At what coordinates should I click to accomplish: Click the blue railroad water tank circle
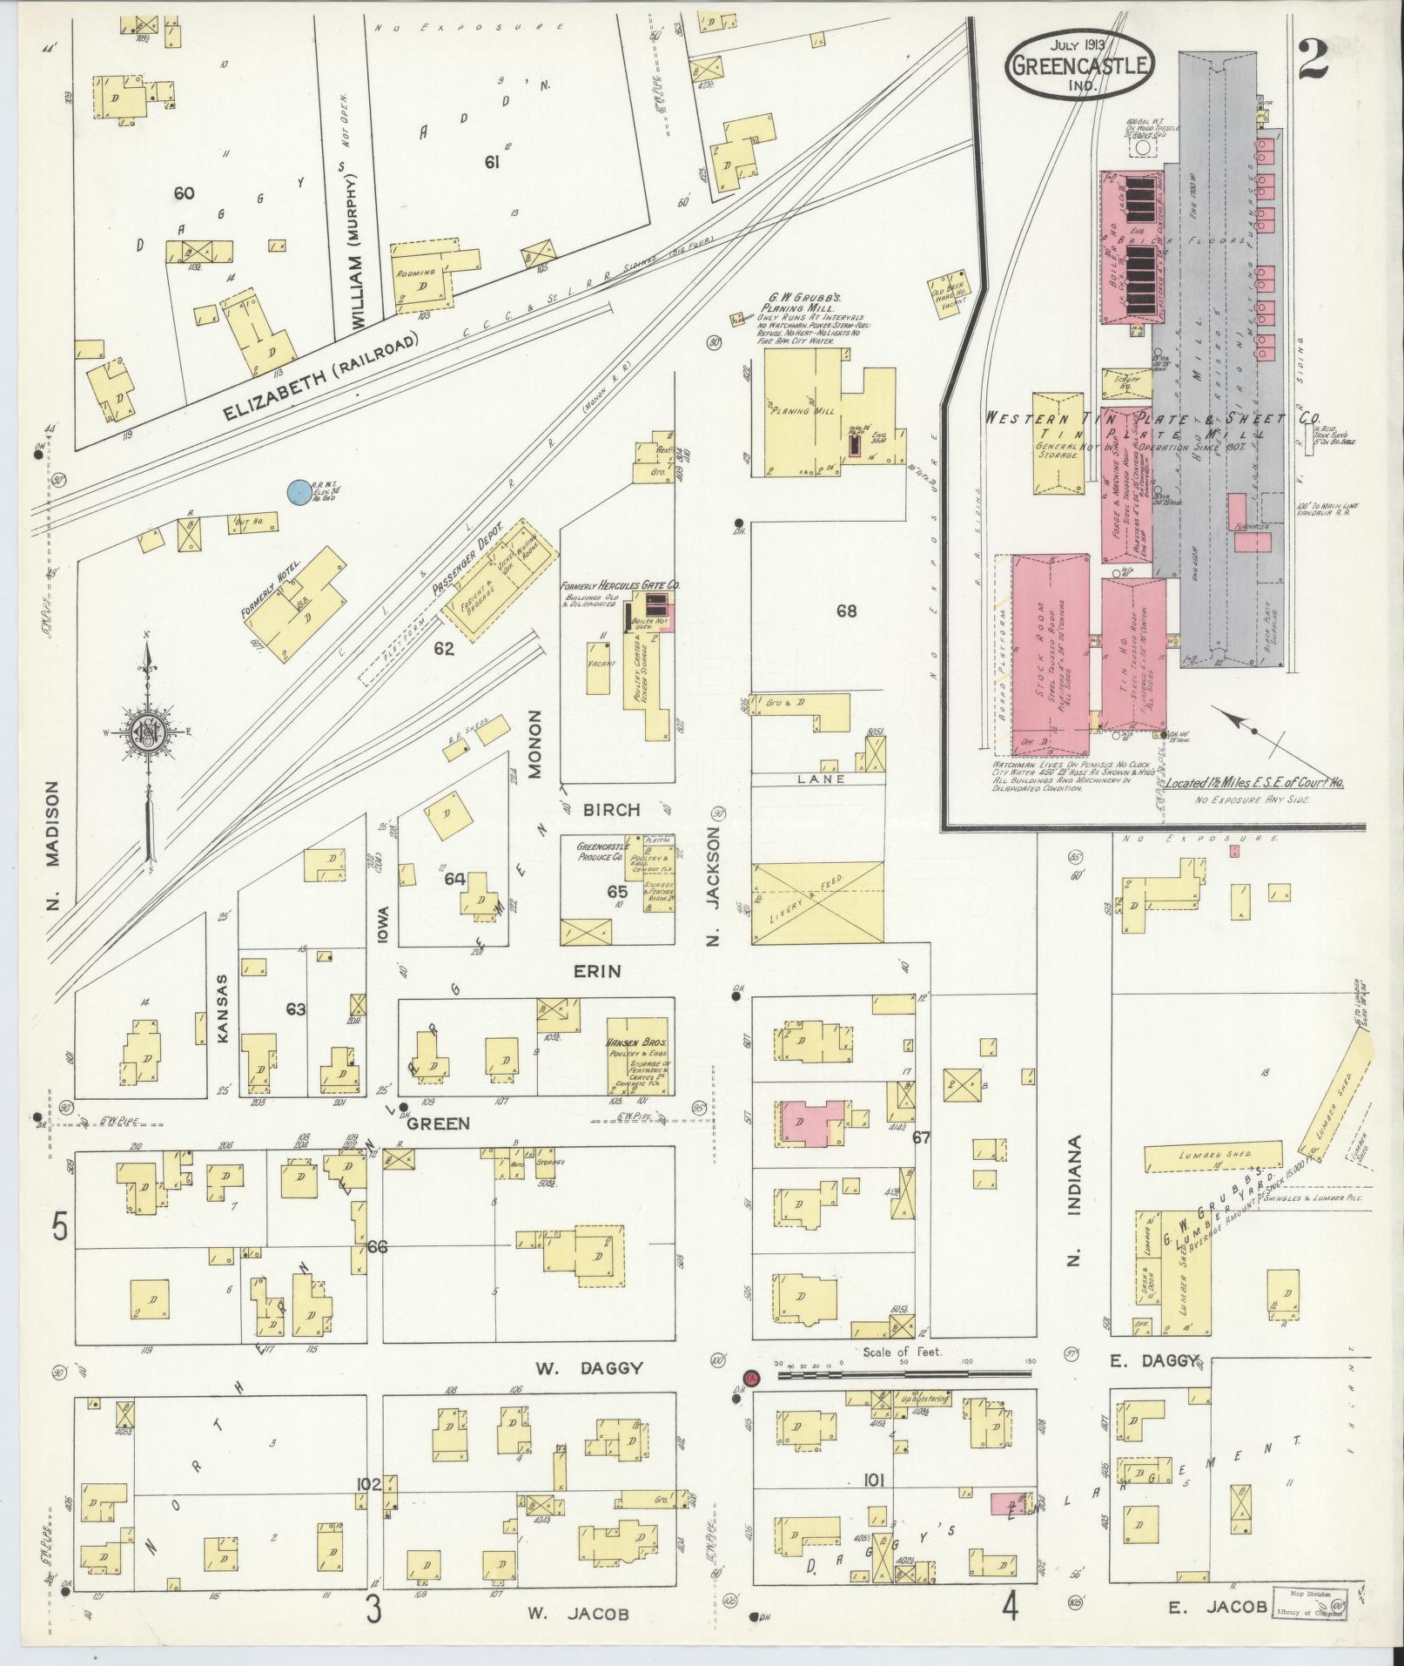[299, 492]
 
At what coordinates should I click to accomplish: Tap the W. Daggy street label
[589, 1368]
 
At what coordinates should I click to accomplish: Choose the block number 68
[846, 610]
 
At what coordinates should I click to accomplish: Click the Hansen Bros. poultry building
[638, 1055]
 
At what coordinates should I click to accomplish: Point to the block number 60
[183, 193]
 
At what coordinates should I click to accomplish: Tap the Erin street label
[597, 970]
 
